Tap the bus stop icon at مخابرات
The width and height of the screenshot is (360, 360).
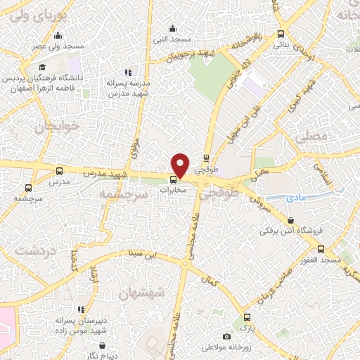pos(174,178)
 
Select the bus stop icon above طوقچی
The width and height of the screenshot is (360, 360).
pos(206,158)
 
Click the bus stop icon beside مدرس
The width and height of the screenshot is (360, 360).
pos(59,171)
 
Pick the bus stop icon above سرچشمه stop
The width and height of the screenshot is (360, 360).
pos(28,188)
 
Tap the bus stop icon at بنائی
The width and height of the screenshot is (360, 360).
pos(281,34)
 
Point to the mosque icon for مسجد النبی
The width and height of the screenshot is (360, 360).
pos(173,28)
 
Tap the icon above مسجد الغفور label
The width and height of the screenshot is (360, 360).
pos(321,249)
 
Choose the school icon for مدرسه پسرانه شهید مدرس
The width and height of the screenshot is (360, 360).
pos(127,72)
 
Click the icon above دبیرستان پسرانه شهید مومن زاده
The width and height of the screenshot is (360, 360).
pos(83,309)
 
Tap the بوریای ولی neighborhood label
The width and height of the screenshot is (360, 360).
pos(25,13)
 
